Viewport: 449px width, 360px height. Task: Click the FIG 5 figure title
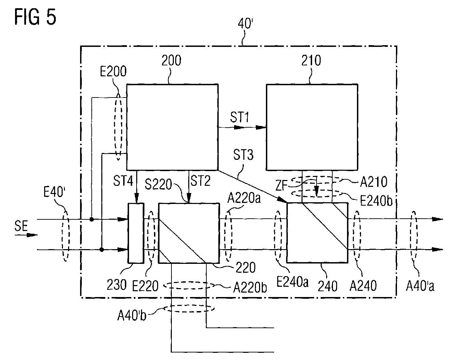pos(35,17)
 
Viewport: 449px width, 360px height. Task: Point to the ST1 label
pos(240,117)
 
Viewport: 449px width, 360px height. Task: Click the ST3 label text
pos(243,155)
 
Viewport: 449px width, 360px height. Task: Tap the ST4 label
pos(123,181)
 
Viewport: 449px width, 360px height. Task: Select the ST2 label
pos(201,181)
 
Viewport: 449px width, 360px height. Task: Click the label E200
pos(113,72)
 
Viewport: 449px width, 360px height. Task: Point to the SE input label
pos(21,226)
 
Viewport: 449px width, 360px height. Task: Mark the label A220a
pos(244,198)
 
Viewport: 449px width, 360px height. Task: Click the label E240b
pos(376,201)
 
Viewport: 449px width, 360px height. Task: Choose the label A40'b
pos(132,315)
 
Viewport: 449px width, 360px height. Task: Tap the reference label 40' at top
pos(245,23)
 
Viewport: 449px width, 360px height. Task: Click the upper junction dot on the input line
pos(91,219)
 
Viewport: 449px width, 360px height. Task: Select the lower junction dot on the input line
pos(102,249)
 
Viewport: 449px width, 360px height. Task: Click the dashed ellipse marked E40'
pos(65,236)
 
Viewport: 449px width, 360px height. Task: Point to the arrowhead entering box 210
pos(261,127)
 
